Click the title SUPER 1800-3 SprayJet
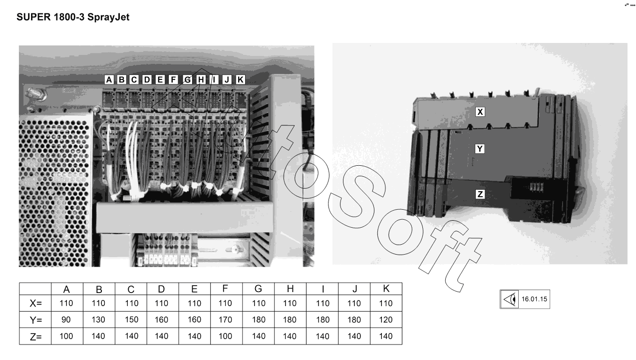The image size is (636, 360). [x=73, y=17]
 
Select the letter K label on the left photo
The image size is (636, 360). [x=240, y=79]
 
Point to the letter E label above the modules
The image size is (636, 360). [x=160, y=79]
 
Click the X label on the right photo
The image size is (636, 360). [x=480, y=112]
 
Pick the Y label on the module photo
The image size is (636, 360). [x=480, y=149]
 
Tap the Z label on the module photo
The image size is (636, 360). [x=480, y=194]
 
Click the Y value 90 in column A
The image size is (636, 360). [x=66, y=320]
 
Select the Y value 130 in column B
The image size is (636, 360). [x=99, y=320]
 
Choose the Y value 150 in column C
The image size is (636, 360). [x=131, y=320]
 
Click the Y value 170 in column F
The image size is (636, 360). [x=226, y=320]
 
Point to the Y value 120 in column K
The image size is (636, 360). [x=386, y=320]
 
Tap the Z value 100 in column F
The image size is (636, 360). [x=226, y=337]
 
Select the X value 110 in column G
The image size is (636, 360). [x=258, y=303]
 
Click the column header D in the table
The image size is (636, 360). [x=162, y=289]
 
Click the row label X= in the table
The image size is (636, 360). [x=35, y=303]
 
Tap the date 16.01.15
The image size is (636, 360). [x=534, y=300]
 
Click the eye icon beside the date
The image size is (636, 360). [x=510, y=300]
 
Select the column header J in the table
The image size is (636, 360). [x=354, y=289]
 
